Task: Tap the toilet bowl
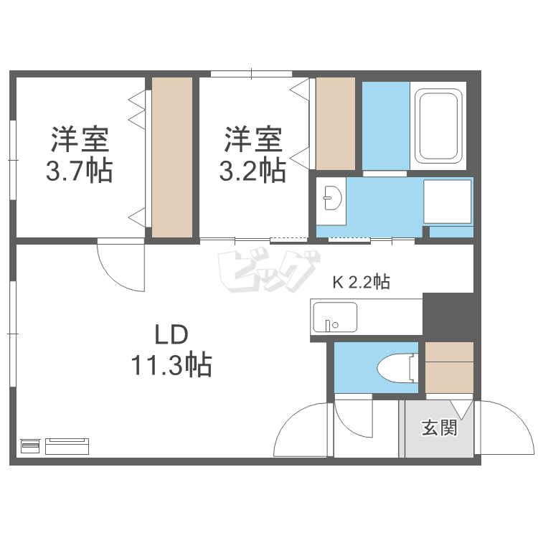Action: (x=394, y=368)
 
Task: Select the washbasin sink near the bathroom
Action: (x=333, y=198)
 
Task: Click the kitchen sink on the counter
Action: (x=334, y=316)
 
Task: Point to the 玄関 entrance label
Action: (x=439, y=428)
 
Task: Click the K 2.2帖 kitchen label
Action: (x=360, y=282)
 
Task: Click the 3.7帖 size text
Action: (x=80, y=171)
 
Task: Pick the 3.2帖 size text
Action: (x=253, y=171)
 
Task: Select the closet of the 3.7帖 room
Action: (x=172, y=157)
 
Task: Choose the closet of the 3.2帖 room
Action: (x=336, y=123)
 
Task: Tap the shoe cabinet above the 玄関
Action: (x=450, y=368)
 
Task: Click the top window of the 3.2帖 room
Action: (x=252, y=73)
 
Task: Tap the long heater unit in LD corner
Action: (x=67, y=446)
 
